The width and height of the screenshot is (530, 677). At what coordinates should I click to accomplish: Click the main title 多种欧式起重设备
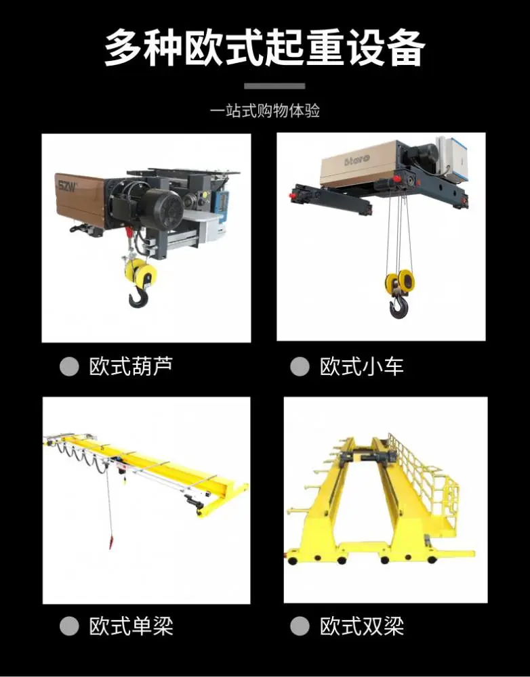pyautogui.click(x=264, y=47)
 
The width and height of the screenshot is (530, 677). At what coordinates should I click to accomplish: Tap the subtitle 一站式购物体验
pyautogui.click(x=264, y=111)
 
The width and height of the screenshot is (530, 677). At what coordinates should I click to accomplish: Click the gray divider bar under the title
pyautogui.click(x=274, y=86)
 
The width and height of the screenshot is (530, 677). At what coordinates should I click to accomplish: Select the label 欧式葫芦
pyautogui.click(x=131, y=366)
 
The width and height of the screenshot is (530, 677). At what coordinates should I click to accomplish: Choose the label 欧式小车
pyautogui.click(x=362, y=366)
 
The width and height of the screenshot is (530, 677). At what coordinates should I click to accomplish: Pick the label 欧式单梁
pyautogui.click(x=131, y=626)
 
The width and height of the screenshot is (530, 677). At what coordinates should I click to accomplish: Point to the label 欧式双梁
pyautogui.click(x=362, y=626)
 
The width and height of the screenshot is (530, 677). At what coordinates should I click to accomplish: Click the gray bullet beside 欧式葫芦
pyautogui.click(x=69, y=366)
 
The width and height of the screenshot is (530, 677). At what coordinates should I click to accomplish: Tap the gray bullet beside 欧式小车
pyautogui.click(x=300, y=367)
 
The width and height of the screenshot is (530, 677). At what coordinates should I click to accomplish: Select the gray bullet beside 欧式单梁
pyautogui.click(x=69, y=626)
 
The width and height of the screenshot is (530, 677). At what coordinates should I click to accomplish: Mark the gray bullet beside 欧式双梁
pyautogui.click(x=300, y=626)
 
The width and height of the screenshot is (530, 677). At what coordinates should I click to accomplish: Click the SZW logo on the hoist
pyautogui.click(x=68, y=187)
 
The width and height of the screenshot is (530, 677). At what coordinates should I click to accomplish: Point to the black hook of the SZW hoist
pyautogui.click(x=138, y=297)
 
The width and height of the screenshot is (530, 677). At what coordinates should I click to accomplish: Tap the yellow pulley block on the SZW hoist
pyautogui.click(x=140, y=272)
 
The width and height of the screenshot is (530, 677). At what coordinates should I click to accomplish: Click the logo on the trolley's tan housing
pyautogui.click(x=357, y=160)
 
